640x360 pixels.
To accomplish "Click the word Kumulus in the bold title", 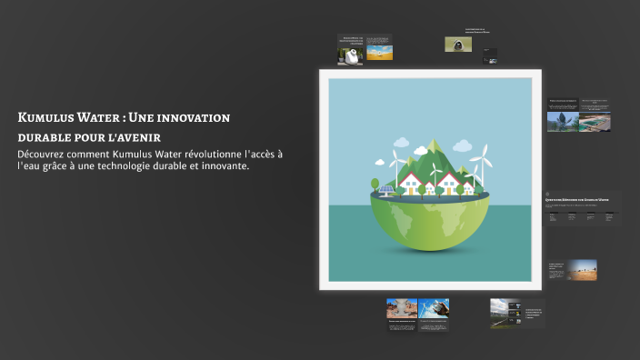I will tap(51, 118).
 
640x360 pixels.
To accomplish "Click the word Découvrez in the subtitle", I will tap(44, 154).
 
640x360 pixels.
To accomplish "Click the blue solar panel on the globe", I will tap(386, 191).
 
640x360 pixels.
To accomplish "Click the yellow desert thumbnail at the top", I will tap(380, 53).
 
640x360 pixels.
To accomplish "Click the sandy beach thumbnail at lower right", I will tap(582, 269).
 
